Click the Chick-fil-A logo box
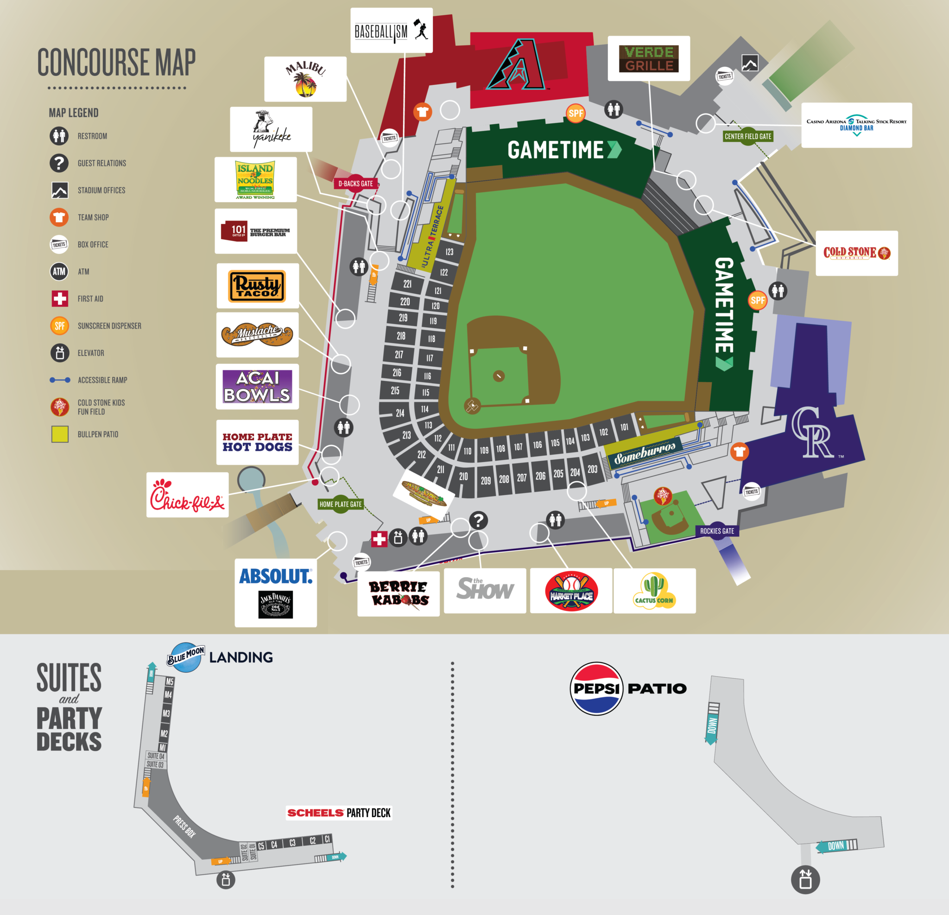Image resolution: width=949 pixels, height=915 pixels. click(187, 495)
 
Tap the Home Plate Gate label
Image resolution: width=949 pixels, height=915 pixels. click(341, 504)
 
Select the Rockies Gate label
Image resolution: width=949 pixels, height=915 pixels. click(716, 531)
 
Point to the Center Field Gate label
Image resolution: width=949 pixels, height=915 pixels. click(747, 137)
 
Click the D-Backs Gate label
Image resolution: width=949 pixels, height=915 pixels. click(355, 184)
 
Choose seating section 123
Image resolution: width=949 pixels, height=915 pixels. click(449, 252)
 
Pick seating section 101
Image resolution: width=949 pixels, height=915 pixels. click(624, 427)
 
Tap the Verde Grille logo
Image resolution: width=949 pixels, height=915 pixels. click(648, 58)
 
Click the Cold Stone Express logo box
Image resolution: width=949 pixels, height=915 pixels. click(856, 253)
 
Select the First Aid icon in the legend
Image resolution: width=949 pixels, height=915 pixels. click(60, 299)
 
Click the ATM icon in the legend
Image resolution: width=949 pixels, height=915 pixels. click(59, 272)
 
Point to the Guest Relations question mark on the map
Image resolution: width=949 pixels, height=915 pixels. click(478, 521)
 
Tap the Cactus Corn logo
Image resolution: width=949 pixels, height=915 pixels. click(654, 591)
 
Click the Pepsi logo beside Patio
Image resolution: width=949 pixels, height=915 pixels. click(596, 688)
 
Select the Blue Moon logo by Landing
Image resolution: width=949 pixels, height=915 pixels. click(185, 657)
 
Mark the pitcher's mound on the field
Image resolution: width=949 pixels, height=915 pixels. click(499, 376)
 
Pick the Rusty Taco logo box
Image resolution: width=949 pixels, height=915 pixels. click(258, 286)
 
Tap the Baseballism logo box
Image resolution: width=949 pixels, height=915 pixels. click(391, 31)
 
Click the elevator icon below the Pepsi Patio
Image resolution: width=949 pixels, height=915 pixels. click(805, 880)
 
